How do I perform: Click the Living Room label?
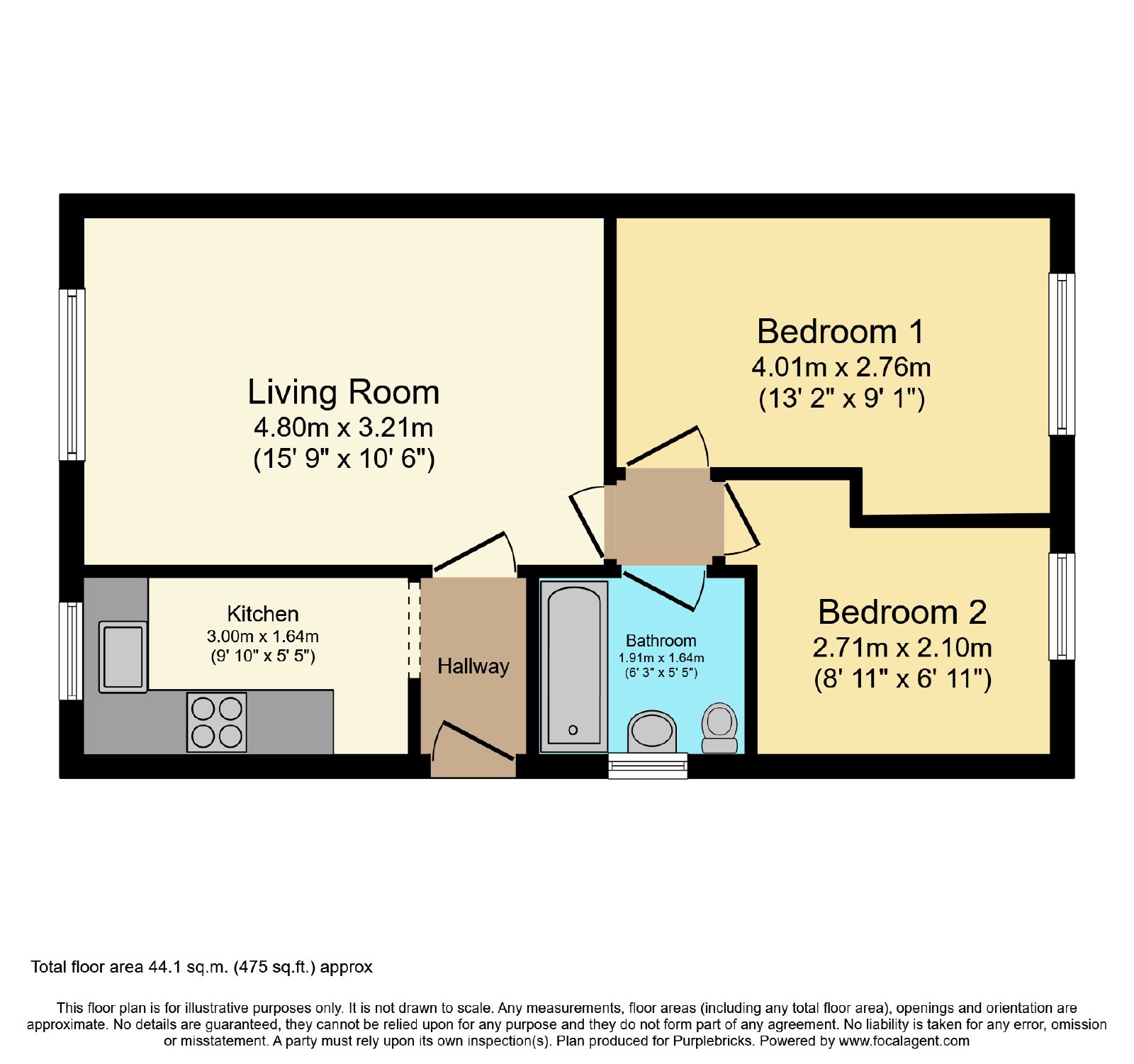[x=344, y=392]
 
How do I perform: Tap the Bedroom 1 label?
[x=841, y=331]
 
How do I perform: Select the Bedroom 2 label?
[x=902, y=612]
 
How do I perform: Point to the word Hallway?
[x=473, y=666]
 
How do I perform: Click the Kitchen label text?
[x=263, y=614]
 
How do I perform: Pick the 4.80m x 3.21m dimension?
[x=344, y=427]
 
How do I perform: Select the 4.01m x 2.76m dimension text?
[x=841, y=367]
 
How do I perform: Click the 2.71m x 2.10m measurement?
[x=902, y=647]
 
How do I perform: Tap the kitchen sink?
[x=123, y=656]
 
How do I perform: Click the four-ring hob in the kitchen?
[x=217, y=722]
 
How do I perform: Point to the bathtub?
[x=574, y=666]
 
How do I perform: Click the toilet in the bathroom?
[x=719, y=728]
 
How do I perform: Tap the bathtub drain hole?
[x=573, y=730]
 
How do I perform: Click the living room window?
[x=72, y=374]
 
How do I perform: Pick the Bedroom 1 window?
[x=1062, y=354]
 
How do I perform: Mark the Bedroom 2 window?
[x=1062, y=606]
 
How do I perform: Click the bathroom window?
[x=648, y=766]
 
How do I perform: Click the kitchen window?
[x=71, y=651]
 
